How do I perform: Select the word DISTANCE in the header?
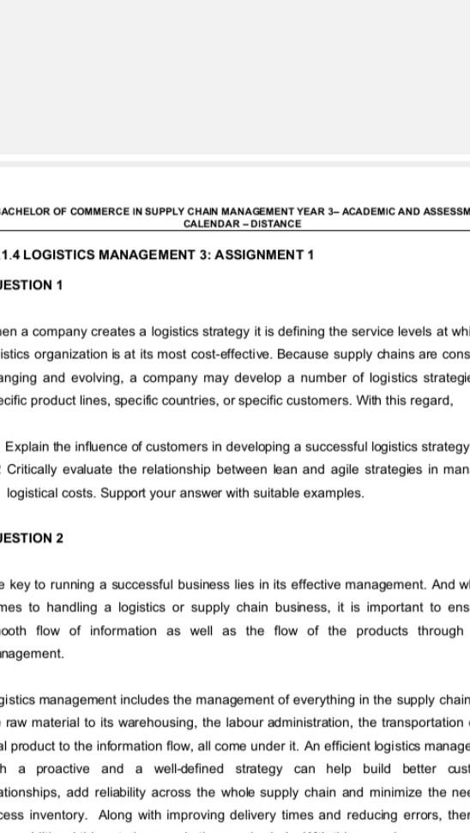274,224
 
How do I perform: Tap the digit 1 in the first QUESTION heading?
58,285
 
